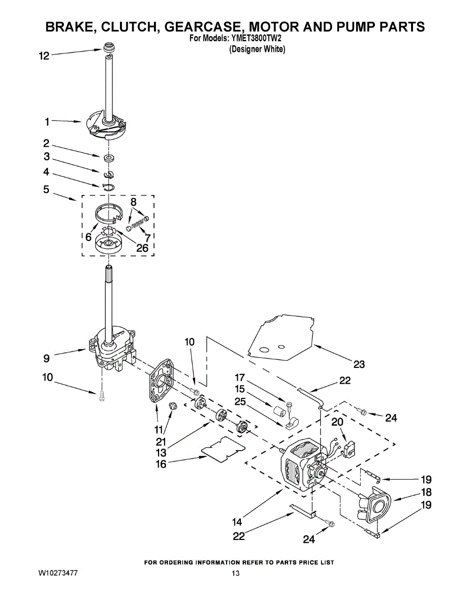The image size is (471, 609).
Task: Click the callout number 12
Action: coord(44,56)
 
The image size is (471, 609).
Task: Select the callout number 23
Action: coord(359,364)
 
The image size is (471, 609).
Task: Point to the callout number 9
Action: coord(46,358)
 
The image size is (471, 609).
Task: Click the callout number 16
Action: coord(161,464)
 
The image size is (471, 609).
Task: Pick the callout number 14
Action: coord(237,521)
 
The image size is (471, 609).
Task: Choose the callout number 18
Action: coord(426,492)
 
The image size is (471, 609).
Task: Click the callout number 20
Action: coord(337,422)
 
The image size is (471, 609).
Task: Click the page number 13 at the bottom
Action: coord(235,574)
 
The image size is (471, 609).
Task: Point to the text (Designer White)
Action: coord(257,49)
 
